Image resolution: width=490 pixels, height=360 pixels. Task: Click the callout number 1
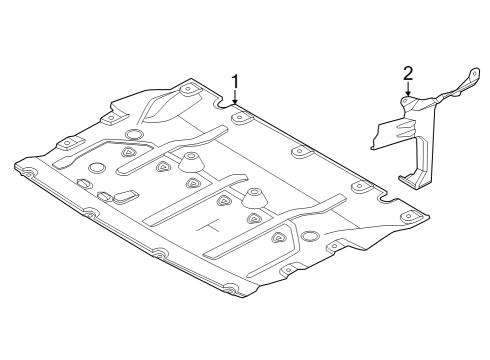tap(235, 80)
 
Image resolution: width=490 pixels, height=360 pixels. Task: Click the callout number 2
tap(407, 72)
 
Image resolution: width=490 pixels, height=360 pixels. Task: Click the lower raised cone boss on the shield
tap(256, 197)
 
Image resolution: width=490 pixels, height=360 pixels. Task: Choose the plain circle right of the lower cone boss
tap(311, 237)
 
